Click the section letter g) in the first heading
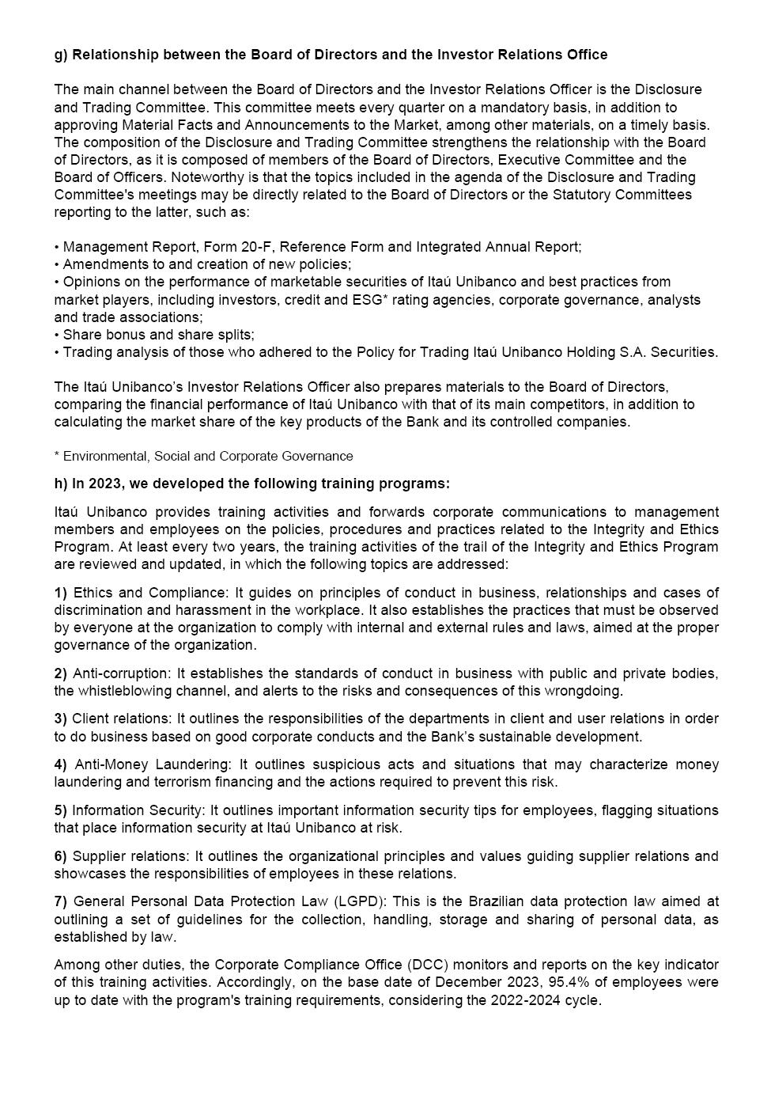pyautogui.click(x=61, y=55)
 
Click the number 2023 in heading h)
pyautogui.click(x=104, y=484)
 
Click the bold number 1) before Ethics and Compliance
pyautogui.click(x=61, y=593)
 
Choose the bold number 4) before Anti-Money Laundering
pyautogui.click(x=61, y=764)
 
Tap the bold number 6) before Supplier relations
pyautogui.click(x=61, y=856)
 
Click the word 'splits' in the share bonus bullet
pyautogui.click(x=233, y=334)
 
